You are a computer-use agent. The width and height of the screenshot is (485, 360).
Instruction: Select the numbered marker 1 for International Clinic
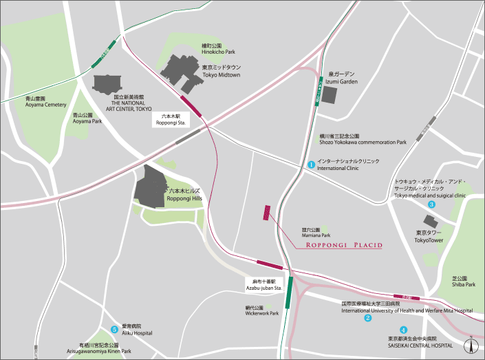311,165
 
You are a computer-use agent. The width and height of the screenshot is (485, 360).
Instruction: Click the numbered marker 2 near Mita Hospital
367,317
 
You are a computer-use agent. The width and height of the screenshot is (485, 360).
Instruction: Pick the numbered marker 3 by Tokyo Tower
431,204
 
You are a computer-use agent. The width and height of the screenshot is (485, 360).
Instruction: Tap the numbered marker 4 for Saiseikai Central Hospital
403,330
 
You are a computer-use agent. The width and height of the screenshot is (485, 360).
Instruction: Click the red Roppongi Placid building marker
266,213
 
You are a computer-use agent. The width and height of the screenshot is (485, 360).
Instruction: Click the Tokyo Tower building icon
431,222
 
